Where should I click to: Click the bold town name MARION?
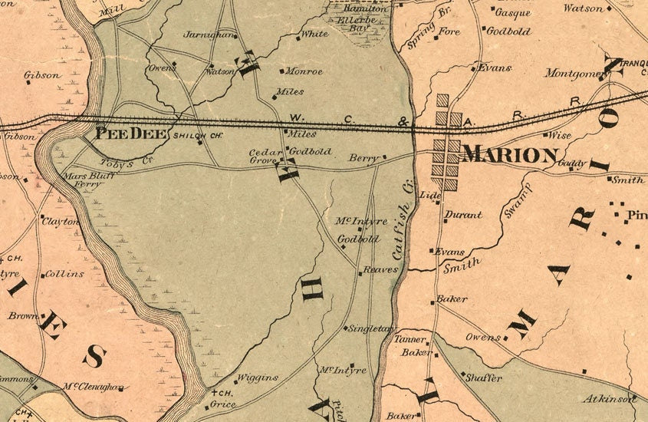[510, 155]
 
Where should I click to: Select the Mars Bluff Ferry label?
[84, 180]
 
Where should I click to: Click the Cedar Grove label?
[266, 157]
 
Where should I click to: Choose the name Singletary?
[370, 328]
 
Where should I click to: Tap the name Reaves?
[381, 270]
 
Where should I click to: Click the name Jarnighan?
[208, 35]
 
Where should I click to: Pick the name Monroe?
[304, 71]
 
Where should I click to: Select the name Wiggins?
[255, 377]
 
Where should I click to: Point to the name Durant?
[464, 215]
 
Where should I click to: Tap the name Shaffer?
[484, 377]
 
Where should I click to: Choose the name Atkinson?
[612, 398]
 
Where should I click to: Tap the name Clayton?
[61, 221]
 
